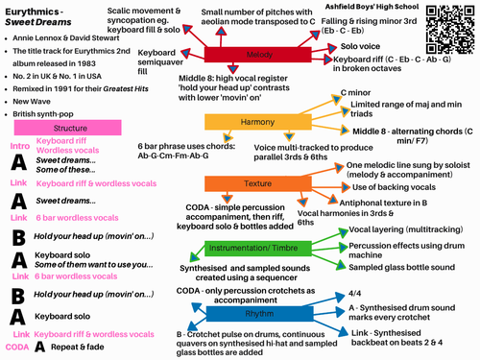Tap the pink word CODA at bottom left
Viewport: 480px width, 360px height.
click(x=16, y=347)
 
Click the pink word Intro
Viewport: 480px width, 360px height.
click(x=18, y=146)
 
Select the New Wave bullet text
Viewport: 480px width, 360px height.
click(x=36, y=100)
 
